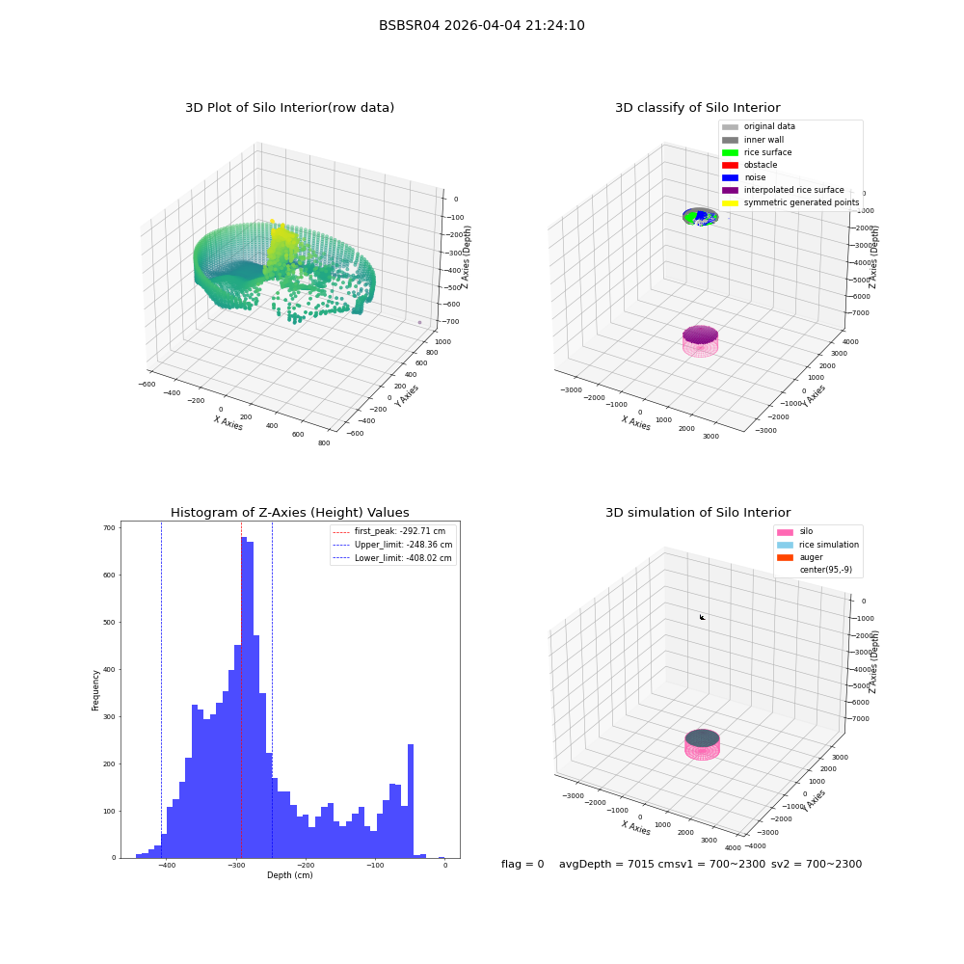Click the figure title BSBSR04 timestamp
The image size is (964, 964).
coord(481,25)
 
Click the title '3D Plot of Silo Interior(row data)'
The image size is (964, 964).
coord(289,108)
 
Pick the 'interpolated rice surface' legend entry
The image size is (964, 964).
coord(783,190)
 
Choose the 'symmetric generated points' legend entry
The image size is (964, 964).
coord(790,202)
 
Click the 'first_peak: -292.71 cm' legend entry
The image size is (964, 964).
coord(389,531)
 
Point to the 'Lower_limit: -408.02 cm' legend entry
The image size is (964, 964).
coord(392,558)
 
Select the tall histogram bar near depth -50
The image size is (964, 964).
coord(411,801)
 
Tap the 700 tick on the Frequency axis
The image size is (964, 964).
coord(109,527)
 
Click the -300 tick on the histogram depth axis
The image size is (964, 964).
coord(237,865)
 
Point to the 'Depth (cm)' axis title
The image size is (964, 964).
coord(289,875)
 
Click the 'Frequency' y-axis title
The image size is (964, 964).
coord(95,690)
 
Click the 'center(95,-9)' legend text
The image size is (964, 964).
coord(826,570)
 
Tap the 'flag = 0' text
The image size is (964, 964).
coord(522,864)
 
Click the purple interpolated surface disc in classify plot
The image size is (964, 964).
coord(700,335)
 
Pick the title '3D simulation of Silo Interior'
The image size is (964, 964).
coord(698,513)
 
